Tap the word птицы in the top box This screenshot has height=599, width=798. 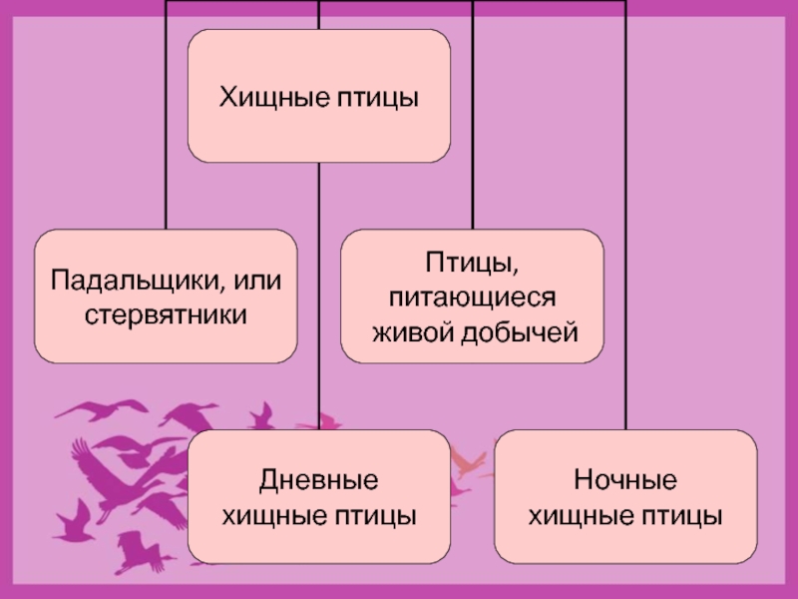tap(376, 98)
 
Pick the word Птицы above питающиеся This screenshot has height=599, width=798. tap(473, 266)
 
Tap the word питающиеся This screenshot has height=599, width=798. tap(473, 298)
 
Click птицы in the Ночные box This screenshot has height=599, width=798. tap(679, 517)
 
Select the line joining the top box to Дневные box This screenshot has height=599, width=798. tap(318, 299)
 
